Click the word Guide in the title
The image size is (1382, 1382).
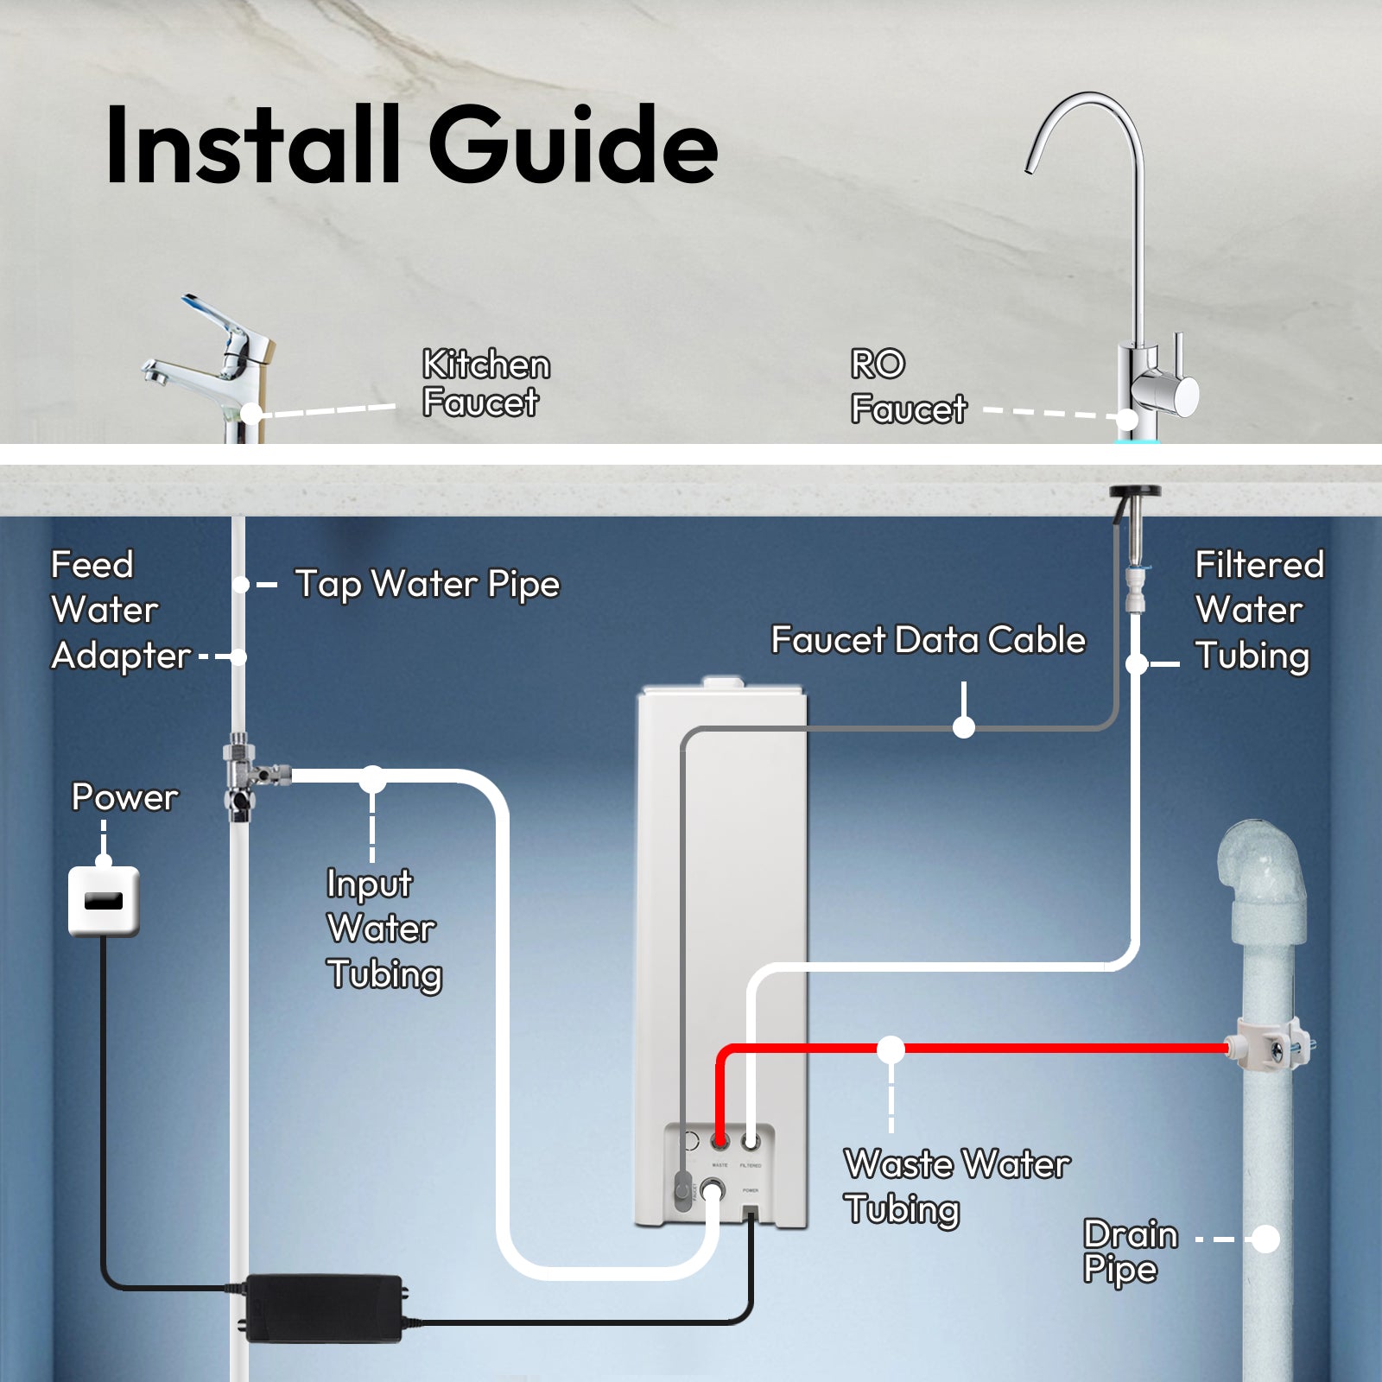click(573, 144)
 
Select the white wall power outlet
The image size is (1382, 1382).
click(104, 901)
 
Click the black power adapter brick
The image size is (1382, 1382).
click(324, 1308)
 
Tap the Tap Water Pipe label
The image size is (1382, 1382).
click(427, 585)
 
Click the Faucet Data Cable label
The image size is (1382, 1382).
click(928, 640)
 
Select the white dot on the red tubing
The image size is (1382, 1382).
click(891, 1049)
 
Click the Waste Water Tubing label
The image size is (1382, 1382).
click(955, 1186)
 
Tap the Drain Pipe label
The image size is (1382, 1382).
click(1130, 1252)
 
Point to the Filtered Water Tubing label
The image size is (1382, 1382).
click(1258, 610)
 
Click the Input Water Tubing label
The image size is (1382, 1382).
click(383, 929)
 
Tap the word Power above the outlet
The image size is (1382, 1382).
click(124, 797)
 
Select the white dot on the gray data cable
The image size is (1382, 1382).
click(964, 727)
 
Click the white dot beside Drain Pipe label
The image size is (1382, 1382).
click(1265, 1239)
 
